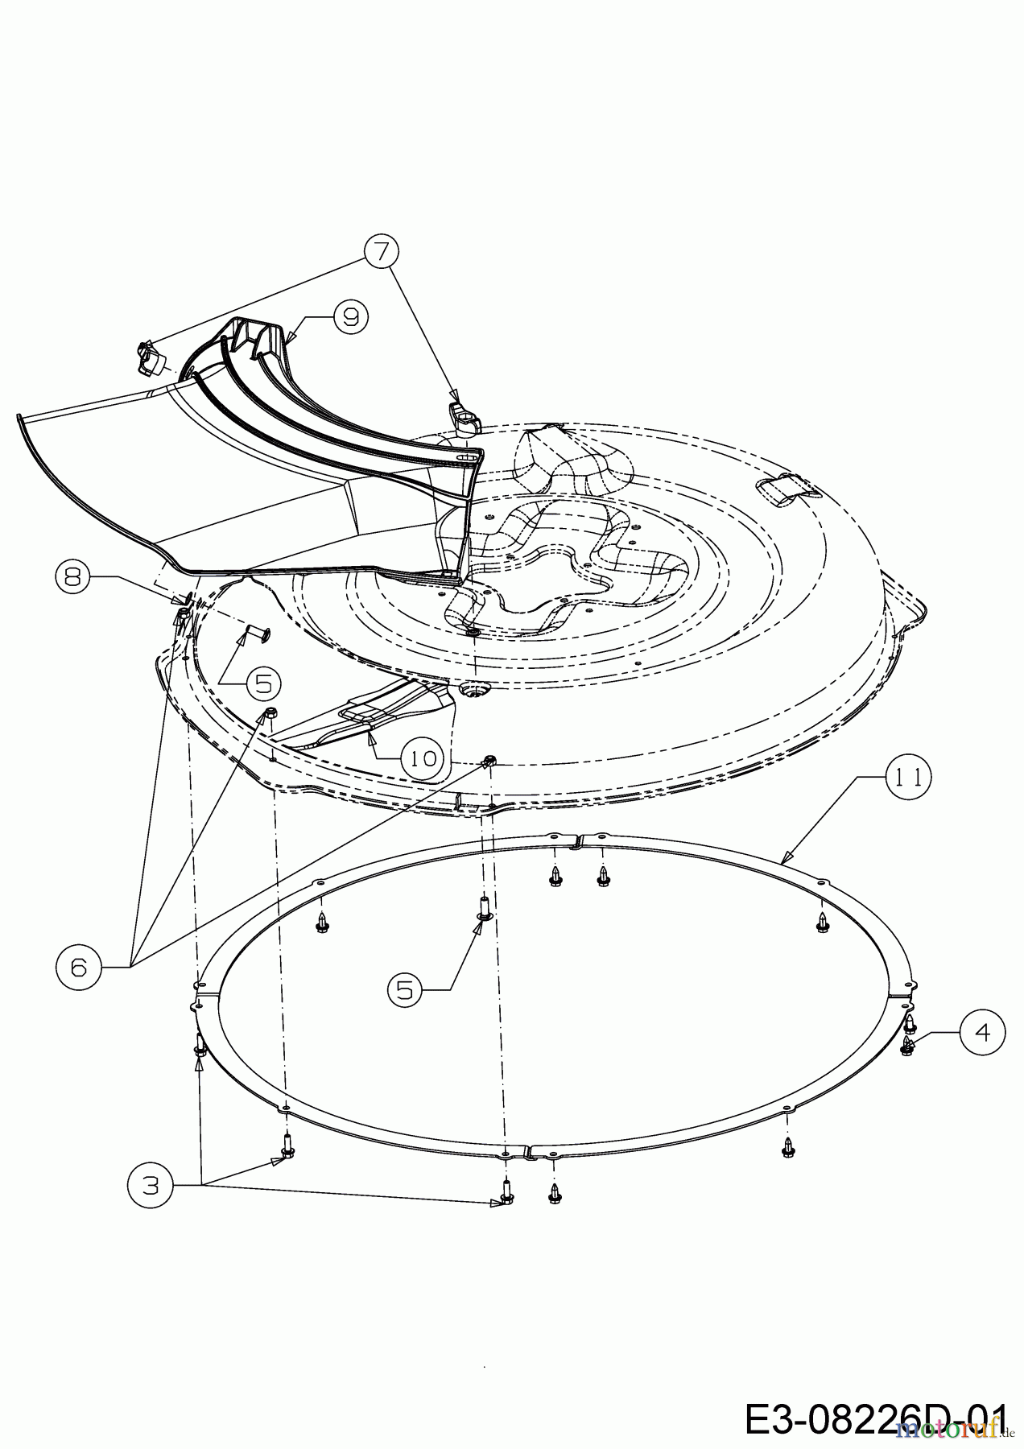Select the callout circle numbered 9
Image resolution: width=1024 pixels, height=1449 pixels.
point(350,317)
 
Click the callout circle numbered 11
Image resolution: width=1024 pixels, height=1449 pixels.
point(910,777)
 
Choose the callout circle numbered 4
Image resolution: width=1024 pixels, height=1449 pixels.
point(983,1031)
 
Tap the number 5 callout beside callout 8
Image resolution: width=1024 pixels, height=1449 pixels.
point(258,683)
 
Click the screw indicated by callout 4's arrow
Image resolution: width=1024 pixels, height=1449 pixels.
point(908,1045)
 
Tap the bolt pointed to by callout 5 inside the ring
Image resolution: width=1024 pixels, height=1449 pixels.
point(485,908)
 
